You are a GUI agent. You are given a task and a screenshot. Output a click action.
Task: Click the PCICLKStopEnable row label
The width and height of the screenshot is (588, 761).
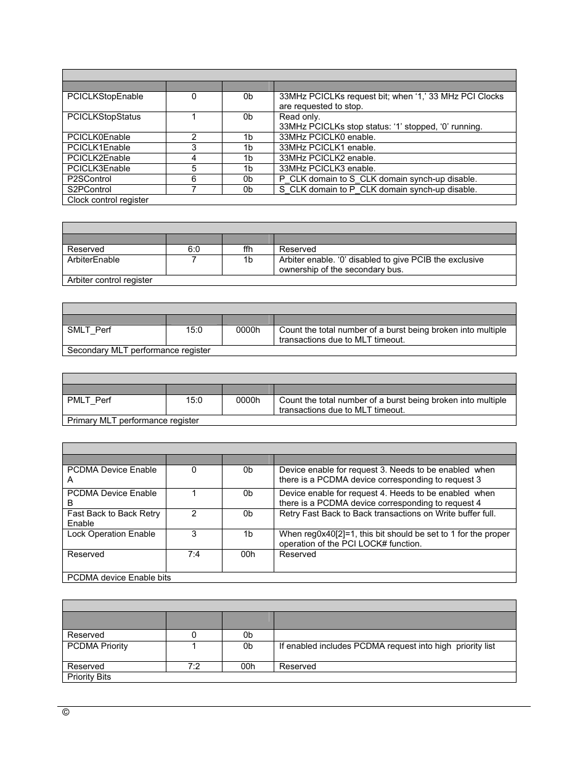[105, 97]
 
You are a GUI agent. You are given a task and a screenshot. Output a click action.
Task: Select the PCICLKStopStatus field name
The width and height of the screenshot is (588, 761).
[104, 117]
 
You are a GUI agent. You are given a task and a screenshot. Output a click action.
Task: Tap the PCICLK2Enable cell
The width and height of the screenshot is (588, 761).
[99, 158]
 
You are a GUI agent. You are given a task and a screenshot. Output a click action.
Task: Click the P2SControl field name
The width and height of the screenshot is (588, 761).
[89, 179]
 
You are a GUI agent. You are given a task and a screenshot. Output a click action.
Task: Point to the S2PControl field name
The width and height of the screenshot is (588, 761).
[89, 190]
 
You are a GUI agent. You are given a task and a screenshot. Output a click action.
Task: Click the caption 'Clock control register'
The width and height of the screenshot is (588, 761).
[108, 200]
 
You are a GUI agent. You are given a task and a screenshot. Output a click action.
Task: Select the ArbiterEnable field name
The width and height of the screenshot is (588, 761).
[93, 260]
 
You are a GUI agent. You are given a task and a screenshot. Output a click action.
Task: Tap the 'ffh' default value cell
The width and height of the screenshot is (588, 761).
[248, 250]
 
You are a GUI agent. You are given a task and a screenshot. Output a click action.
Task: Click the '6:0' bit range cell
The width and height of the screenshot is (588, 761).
[194, 250]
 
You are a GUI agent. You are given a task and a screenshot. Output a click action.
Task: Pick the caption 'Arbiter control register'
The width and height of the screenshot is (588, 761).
[110, 280]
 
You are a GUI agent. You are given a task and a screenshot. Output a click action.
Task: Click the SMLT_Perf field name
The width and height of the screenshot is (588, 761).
[89, 330]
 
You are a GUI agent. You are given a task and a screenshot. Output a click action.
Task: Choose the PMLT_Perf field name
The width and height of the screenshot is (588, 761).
[89, 401]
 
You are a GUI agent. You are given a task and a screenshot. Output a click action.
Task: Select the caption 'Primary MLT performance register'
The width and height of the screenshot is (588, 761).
[133, 421]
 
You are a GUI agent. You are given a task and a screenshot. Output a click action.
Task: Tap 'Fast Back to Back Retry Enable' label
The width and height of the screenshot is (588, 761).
[113, 518]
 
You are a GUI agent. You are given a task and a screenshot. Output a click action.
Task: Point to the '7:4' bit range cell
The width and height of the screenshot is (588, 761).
[194, 555]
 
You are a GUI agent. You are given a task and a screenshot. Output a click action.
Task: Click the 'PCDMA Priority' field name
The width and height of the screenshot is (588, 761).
[97, 646]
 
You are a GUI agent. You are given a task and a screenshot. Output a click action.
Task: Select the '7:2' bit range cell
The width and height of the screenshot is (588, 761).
[194, 667]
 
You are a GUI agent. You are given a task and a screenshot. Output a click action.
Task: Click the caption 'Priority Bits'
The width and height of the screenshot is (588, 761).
[89, 677]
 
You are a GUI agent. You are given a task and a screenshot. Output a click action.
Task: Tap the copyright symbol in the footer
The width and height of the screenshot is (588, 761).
[66, 712]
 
